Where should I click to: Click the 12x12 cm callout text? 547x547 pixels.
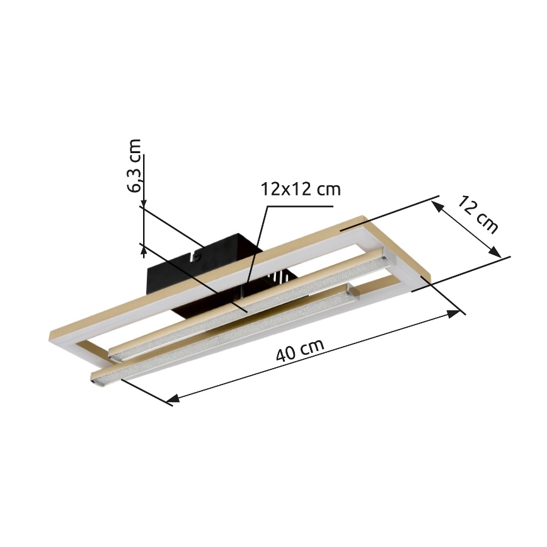click(300, 189)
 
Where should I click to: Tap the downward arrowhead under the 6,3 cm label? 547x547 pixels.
click(144, 203)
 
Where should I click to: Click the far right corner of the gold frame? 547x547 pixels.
click(426, 275)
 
